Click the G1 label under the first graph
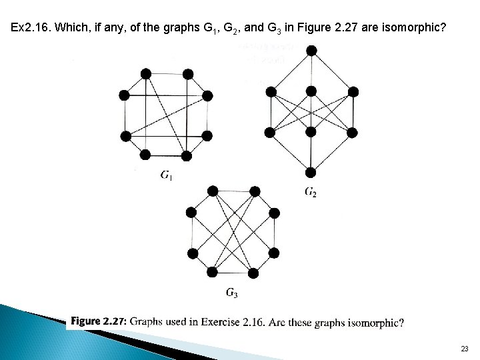(x=167, y=175)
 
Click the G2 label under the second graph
(x=311, y=192)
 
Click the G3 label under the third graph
(x=232, y=292)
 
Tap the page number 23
(x=464, y=349)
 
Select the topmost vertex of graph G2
(x=311, y=51)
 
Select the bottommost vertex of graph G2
(x=311, y=172)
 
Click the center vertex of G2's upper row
(x=311, y=91)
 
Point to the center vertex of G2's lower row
(x=311, y=133)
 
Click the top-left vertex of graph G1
(x=146, y=74)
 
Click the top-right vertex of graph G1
(x=187, y=74)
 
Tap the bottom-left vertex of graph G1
(x=145, y=155)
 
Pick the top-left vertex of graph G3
(x=213, y=191)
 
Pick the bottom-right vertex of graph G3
(x=253, y=272)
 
